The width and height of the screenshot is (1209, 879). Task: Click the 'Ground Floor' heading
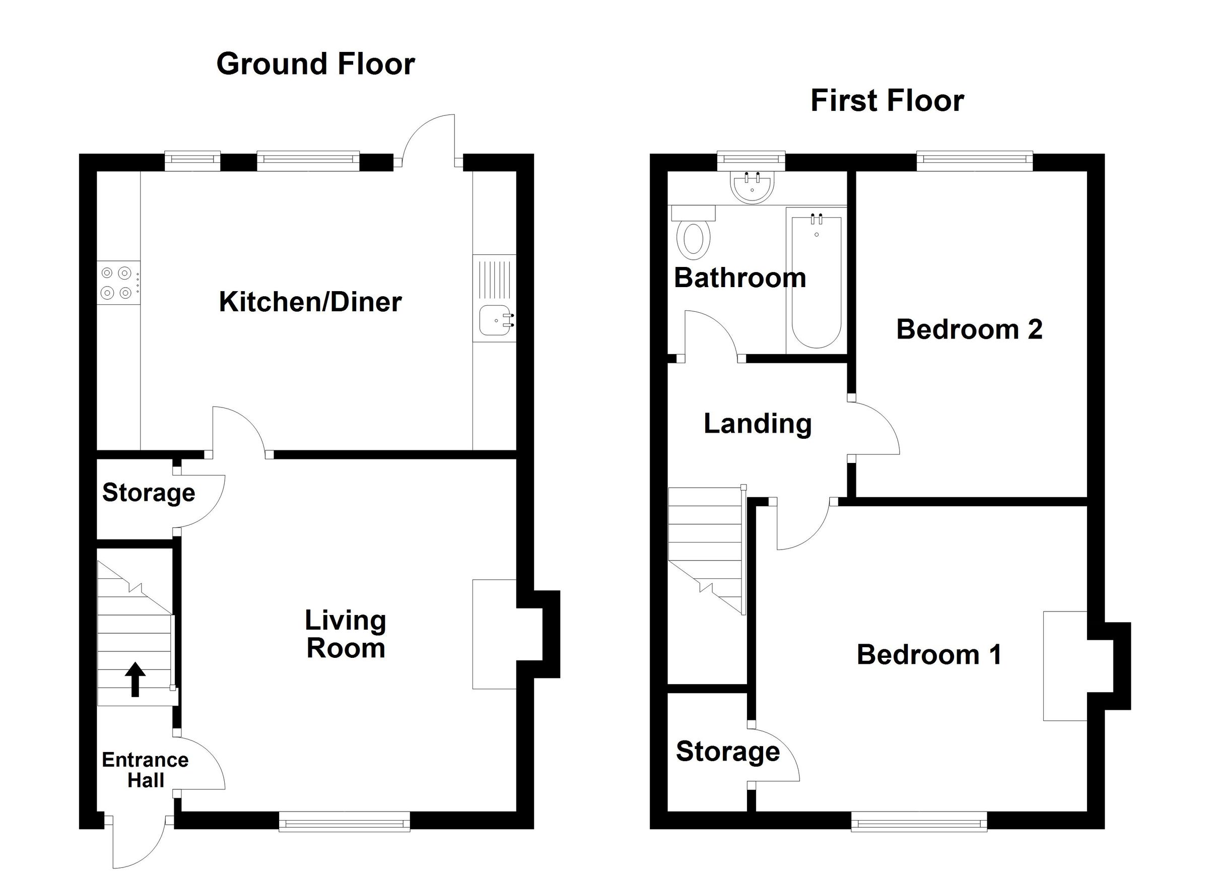click(x=315, y=64)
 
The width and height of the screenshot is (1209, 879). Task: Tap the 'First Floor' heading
click(x=887, y=101)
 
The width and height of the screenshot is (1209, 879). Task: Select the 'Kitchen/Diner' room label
click(x=310, y=302)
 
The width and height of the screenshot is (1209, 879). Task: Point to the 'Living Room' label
click(x=346, y=634)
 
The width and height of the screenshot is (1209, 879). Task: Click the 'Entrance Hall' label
click(x=145, y=770)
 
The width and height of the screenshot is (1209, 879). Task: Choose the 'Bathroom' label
click(x=740, y=278)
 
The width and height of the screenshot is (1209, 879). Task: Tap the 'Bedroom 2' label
click(x=969, y=329)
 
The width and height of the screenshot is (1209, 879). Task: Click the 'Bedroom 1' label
click(x=929, y=654)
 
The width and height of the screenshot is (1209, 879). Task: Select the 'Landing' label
click(x=758, y=424)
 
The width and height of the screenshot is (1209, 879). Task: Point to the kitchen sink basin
click(x=496, y=321)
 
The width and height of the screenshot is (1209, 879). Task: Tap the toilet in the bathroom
click(x=693, y=232)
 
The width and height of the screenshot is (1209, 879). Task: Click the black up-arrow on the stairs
click(x=135, y=679)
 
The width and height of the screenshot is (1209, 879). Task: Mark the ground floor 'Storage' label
click(x=148, y=493)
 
